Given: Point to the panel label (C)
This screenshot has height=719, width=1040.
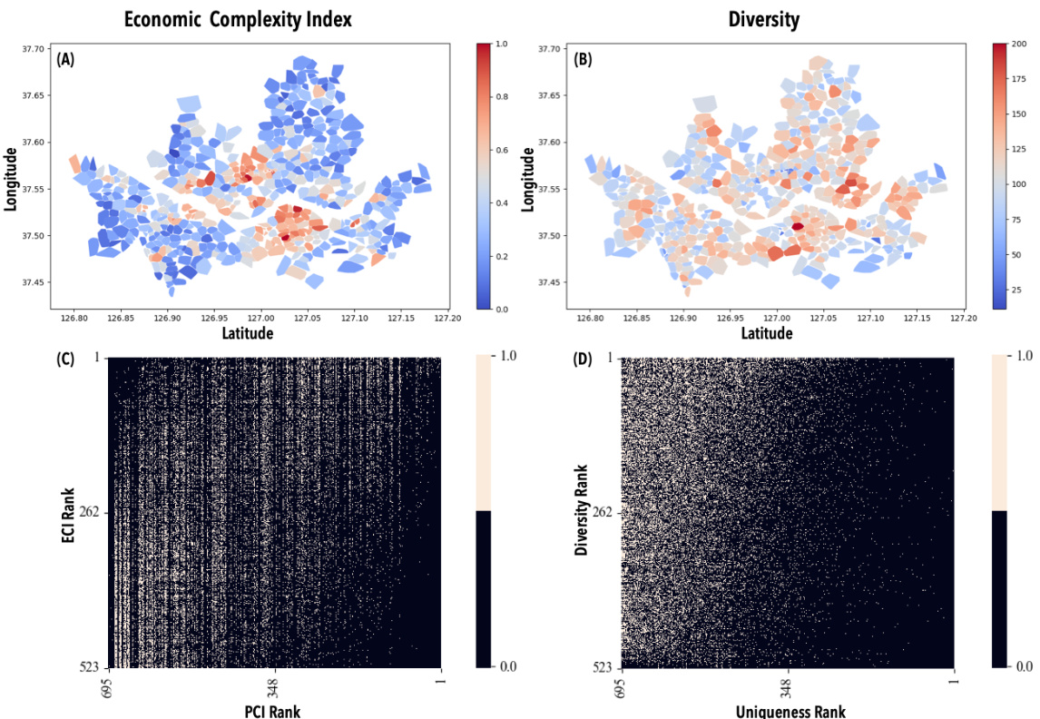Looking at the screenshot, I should pos(65,359).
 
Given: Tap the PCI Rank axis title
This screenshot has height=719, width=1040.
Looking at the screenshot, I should pos(273,710).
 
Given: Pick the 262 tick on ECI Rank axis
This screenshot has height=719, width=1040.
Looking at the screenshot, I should pos(91,512).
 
